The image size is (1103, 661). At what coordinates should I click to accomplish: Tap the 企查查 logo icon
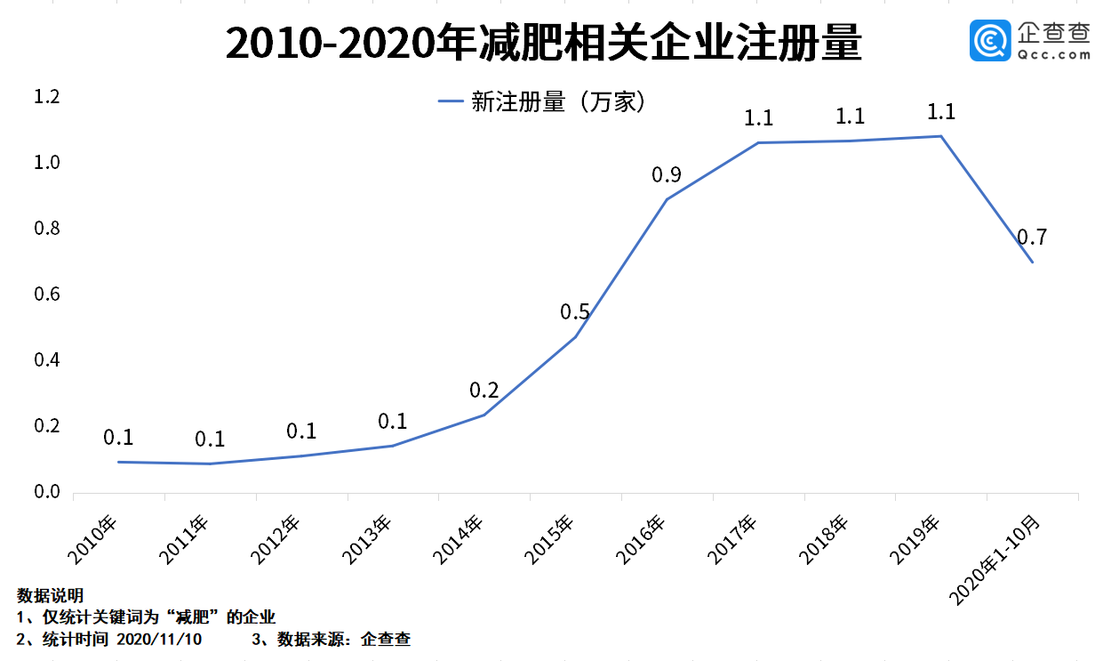coord(990,42)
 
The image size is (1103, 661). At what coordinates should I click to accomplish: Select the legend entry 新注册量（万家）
coord(540,102)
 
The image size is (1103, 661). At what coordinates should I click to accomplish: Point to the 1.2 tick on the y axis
coord(46,97)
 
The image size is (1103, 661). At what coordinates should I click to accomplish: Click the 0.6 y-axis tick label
coord(46,294)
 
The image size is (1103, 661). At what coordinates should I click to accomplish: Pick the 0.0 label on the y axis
coord(46,492)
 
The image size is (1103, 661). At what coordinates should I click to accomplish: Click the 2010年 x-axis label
coord(93,539)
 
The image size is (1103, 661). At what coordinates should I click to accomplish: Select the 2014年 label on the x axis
coord(459,539)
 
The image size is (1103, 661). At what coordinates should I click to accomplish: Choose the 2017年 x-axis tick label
coord(733,539)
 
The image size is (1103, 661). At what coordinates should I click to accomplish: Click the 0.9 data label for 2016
coord(667,175)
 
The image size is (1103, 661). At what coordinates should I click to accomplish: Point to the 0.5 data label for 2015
coord(575,312)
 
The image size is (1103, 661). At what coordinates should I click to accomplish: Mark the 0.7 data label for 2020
coord(1032,238)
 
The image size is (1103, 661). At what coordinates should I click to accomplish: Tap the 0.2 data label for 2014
coord(484,391)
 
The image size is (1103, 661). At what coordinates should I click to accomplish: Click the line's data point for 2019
coord(940,136)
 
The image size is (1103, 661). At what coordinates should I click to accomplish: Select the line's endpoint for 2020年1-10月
coord(1032,262)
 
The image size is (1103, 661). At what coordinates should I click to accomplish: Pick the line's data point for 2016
coord(667,199)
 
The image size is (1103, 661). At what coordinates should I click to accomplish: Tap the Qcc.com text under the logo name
coord(1053,53)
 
